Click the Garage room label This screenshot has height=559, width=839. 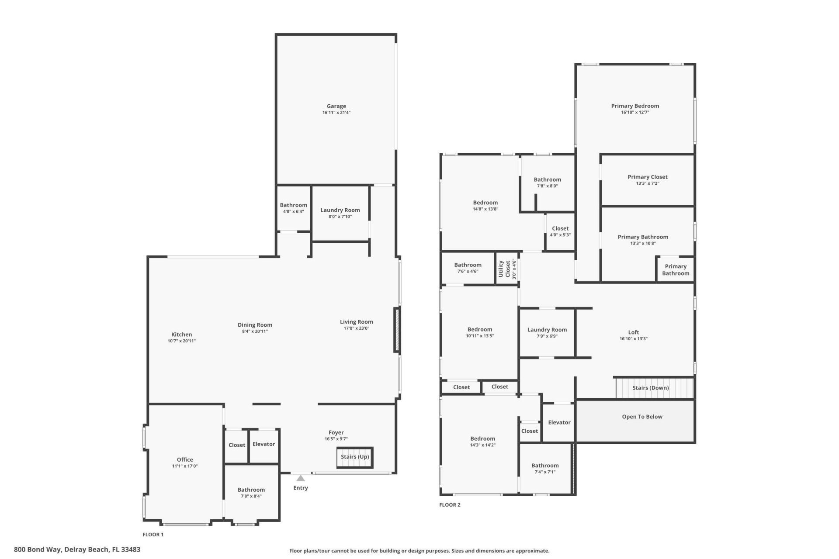336,106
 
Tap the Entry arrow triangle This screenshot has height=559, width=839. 301,479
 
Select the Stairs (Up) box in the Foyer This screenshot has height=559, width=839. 355,457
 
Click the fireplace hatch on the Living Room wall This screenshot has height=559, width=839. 397,330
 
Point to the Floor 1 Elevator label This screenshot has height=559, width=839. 263,444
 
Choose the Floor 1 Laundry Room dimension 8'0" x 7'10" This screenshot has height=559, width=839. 340,217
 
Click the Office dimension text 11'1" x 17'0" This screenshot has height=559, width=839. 185,466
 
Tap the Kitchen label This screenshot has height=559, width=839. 181,335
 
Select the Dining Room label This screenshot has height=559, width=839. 255,325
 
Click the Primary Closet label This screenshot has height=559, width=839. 647,177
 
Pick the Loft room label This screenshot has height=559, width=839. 633,332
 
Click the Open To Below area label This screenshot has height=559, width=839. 642,417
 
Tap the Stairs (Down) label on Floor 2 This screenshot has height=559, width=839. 650,388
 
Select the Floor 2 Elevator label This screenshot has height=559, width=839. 559,422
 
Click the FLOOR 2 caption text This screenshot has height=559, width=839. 450,505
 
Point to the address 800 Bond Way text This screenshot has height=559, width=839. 77,549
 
